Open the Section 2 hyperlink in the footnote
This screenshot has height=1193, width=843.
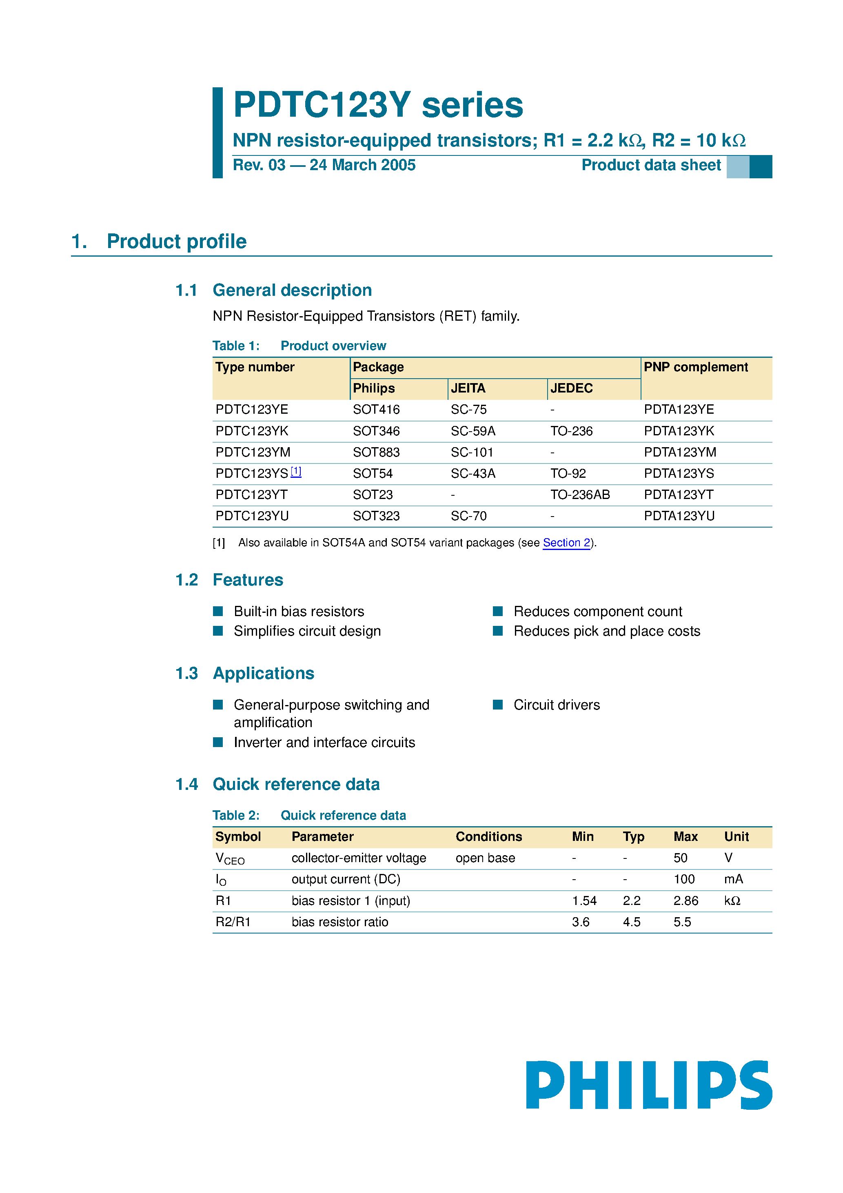tap(566, 543)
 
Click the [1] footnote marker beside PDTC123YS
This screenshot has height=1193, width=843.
tap(296, 471)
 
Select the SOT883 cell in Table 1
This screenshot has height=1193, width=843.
tap(376, 452)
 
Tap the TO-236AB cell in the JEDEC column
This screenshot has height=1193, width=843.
tap(579, 494)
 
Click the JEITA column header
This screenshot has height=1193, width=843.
tap(468, 388)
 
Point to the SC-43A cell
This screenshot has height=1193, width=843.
tap(473, 473)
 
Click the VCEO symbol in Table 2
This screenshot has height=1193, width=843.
tap(229, 858)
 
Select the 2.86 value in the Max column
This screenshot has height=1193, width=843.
tap(685, 900)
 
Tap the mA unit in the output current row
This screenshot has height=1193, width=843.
tap(733, 879)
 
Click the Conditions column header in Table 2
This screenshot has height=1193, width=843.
tap(488, 836)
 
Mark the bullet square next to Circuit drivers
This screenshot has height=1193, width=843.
tap(497, 705)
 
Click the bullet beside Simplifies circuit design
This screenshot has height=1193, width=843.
tap(218, 631)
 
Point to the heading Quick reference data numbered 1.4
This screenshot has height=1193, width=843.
tap(296, 784)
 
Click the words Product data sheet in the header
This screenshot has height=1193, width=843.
tap(651, 165)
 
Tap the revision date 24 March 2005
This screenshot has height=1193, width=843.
tap(362, 165)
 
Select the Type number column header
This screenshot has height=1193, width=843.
tap(255, 367)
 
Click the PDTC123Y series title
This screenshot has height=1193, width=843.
tap(378, 105)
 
